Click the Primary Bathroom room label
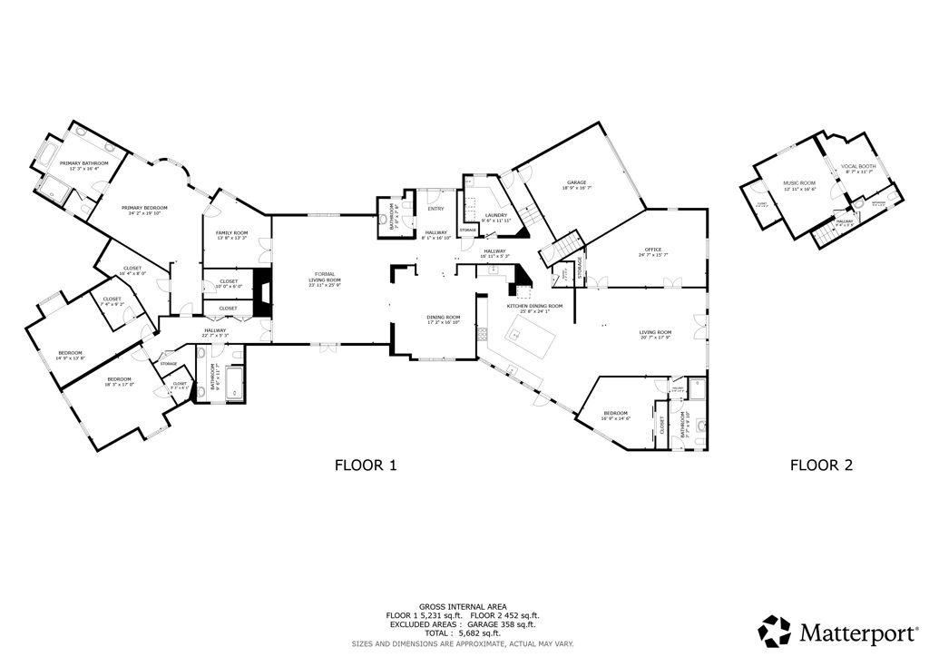coord(83,163)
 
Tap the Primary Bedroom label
coord(146,208)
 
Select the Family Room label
coord(231,234)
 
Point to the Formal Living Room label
coord(324,278)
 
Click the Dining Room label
coord(444,318)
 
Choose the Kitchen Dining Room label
coord(534,307)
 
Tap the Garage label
coord(575,183)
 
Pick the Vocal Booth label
coord(857,167)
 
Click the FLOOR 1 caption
coord(366,466)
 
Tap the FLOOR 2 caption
coord(821,466)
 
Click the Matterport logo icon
coord(775,630)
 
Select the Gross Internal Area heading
coord(464,606)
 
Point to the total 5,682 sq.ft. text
coord(464,633)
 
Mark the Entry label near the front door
coord(435,209)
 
